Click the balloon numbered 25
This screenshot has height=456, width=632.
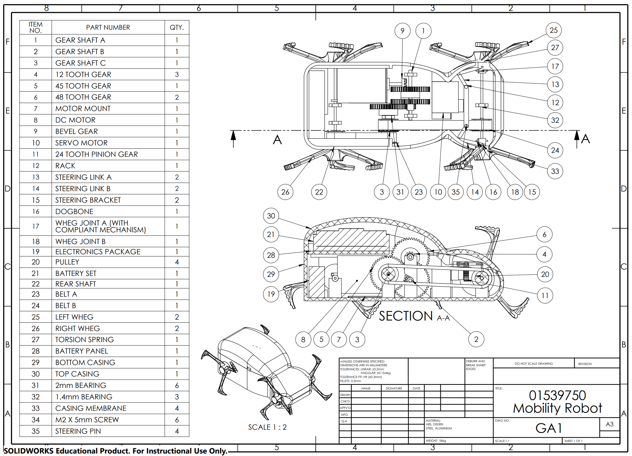coord(553,30)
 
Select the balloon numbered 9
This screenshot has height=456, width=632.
coord(402,31)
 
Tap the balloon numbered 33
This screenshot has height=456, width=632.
coord(555,171)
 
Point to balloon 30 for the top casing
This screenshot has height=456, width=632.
coord(271,216)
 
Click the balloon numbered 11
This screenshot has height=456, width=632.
coord(545,295)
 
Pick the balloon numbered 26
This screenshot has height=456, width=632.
coord(285,192)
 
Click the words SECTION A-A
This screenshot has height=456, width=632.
coord(414,316)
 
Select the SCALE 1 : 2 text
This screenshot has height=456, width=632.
coord(267,427)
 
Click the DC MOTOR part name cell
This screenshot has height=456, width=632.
coord(75,120)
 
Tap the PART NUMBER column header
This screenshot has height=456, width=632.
coord(108,28)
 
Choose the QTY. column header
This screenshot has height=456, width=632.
coord(177,28)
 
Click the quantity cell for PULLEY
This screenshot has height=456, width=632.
coord(177,262)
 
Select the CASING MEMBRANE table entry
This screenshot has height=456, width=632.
coord(91,408)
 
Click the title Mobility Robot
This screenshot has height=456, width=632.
coord(557,408)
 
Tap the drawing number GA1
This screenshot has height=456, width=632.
coord(548,428)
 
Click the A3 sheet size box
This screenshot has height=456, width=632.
coord(609,424)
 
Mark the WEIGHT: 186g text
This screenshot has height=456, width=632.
coord(436,441)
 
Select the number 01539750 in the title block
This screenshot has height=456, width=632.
coord(557,395)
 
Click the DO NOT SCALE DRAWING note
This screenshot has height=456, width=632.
coord(534,364)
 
